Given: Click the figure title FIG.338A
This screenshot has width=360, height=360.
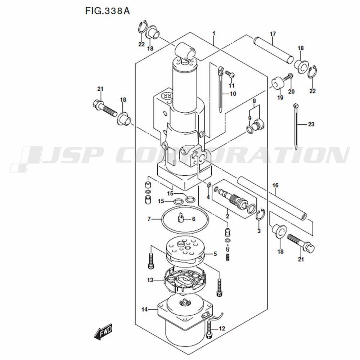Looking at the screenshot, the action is (107, 11).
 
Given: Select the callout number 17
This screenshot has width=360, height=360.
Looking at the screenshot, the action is (273, 34).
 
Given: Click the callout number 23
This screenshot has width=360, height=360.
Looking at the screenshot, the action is (311, 124).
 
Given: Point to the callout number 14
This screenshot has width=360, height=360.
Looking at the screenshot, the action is (144, 310).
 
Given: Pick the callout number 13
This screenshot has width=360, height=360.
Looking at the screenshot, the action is (150, 280).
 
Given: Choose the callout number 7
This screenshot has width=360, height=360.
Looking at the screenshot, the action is (149, 219).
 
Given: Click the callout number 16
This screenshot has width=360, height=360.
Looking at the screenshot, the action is (275, 185).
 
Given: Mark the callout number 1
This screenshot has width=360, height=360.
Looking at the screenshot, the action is (214, 34).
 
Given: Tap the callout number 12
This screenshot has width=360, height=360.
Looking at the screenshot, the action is (222, 329).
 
